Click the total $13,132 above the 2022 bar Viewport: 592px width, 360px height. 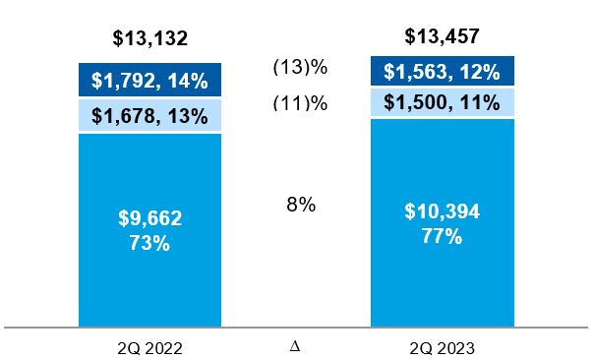coord(149,39)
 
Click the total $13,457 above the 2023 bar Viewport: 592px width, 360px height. coord(442,37)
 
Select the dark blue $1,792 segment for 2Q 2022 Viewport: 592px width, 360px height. coord(149,81)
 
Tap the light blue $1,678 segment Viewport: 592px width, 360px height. coord(149,116)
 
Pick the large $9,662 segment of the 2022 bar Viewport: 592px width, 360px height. coord(149,228)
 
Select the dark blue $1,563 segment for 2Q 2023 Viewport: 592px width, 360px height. coord(442,72)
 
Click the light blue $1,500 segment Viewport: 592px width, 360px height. coord(442,103)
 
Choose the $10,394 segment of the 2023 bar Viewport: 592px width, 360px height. coord(442,222)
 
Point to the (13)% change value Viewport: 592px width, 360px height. coord(299,68)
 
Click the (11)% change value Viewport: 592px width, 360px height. coord(299,102)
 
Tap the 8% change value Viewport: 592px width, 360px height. coord(299,205)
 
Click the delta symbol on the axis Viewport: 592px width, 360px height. coord(296,345)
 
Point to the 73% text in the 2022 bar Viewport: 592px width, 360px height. coord(149,242)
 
